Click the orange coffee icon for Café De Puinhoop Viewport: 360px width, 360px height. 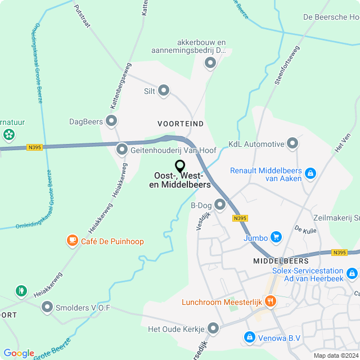tap(72, 241)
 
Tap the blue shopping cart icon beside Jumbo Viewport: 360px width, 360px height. tap(276, 237)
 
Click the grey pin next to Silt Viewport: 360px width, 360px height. tap(164, 90)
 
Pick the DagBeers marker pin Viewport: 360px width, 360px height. tap(111, 120)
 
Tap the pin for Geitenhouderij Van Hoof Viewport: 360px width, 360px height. tap(122, 150)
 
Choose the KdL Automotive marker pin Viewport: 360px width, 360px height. tap(292, 144)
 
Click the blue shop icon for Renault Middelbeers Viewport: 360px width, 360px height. tap(310, 174)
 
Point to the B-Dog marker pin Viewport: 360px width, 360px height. tap(220, 204)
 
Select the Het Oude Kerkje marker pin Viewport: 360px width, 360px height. tap(213, 328)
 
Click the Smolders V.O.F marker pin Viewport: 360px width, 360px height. tap(47, 307)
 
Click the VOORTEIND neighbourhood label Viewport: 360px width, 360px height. tap(181, 123)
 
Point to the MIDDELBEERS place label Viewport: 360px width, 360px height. tap(281, 261)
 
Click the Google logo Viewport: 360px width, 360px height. tap(19, 353)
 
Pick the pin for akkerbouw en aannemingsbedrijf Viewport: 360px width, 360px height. tap(210, 63)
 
